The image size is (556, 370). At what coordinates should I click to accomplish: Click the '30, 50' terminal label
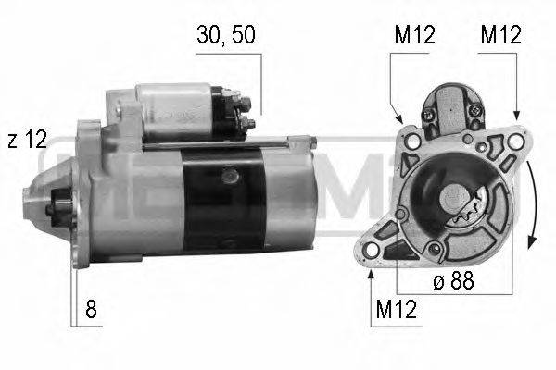pyautogui.click(x=226, y=35)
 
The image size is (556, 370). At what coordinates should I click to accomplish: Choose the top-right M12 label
pyautogui.click(x=500, y=35)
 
